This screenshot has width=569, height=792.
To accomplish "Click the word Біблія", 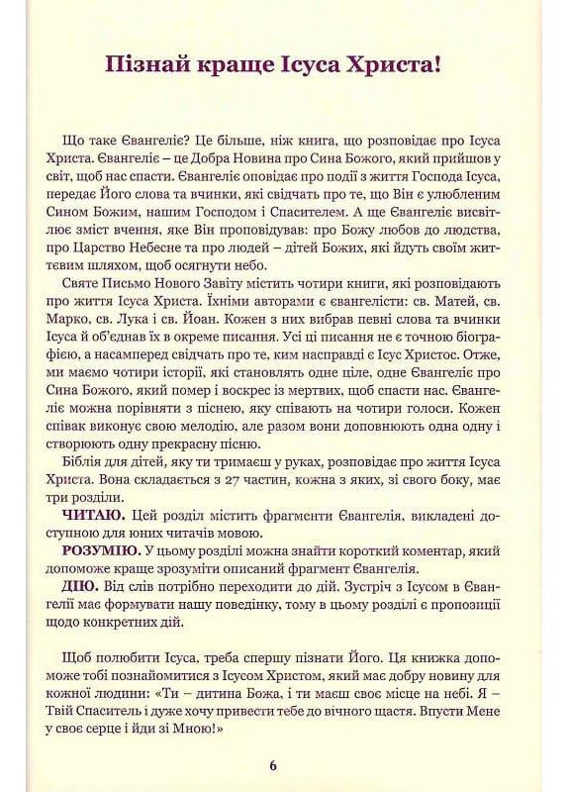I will click(85, 461).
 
